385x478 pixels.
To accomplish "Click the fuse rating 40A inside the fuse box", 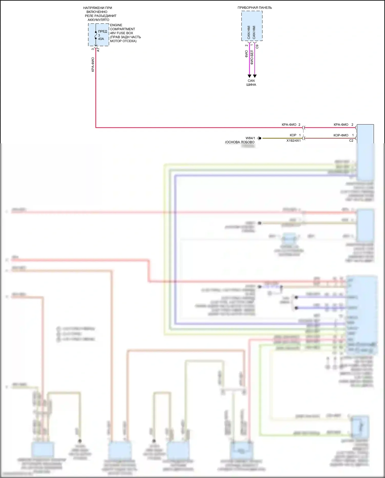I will coord(101,39).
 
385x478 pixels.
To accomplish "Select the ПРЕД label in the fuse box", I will coord(102,31).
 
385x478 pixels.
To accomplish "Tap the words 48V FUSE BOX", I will coord(121,33).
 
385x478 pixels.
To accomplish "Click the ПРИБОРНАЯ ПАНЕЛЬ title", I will coord(255,8).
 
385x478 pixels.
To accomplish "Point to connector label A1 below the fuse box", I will coord(98,50).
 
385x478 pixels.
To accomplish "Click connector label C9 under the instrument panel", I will coord(257,47).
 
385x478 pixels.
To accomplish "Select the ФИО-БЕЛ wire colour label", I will coord(252,57).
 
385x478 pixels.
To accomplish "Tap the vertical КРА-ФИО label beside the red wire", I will coord(93,64).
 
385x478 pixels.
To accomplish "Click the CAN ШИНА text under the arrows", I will coord(251,83).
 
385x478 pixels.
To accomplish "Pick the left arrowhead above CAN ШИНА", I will coord(249,76).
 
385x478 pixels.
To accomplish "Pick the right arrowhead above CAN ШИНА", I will coord(255,76).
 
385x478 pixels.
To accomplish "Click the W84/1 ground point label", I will coord(250,138).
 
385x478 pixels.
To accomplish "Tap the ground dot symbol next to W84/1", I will coord(260,138).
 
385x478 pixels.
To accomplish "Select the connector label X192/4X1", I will coord(293,141).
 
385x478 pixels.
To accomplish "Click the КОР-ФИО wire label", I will coord(341,135).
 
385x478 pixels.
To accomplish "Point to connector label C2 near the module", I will coord(351,141).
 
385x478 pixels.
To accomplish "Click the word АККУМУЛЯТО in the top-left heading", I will coord(98,20).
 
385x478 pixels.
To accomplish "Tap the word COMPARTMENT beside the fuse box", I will coord(122,29).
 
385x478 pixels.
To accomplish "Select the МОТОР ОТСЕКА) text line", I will coord(123,41).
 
